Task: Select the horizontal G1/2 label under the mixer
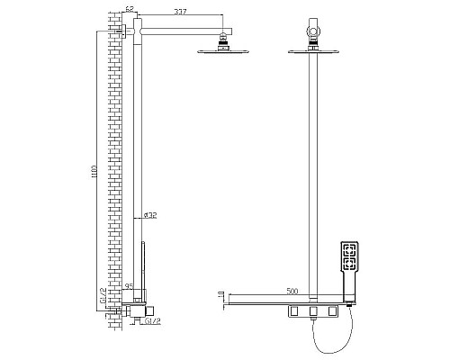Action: tap(152, 320)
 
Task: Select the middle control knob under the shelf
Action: tap(313, 311)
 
